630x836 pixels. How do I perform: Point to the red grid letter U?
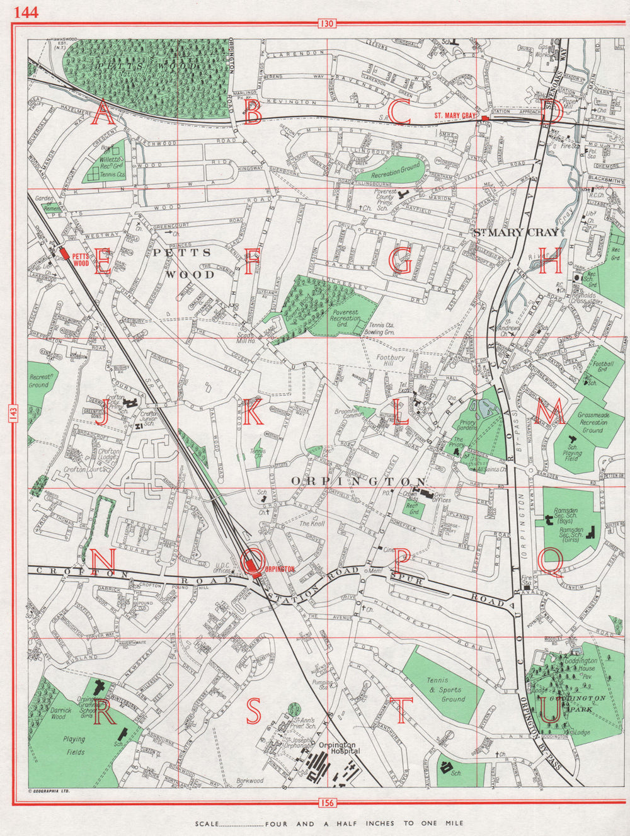[x=549, y=711]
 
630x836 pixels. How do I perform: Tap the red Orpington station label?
[x=280, y=568]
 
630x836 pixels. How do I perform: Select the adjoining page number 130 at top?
[x=326, y=24]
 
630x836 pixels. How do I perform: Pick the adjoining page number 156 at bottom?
[x=326, y=802]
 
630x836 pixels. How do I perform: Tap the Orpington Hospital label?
[x=339, y=748]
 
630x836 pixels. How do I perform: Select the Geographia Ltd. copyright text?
[x=49, y=789]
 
